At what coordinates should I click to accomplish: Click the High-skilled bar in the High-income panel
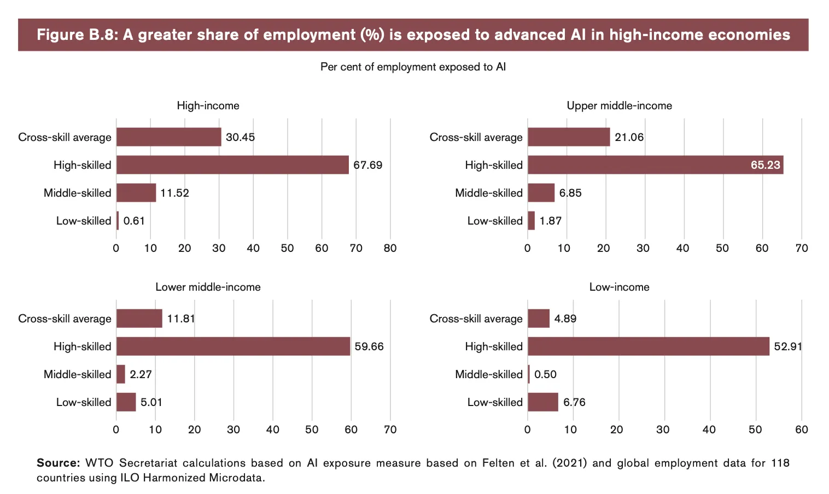point(232,165)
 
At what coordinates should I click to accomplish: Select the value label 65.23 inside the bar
point(765,165)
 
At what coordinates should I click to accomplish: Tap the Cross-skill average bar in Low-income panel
point(539,319)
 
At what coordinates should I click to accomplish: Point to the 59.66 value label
point(369,346)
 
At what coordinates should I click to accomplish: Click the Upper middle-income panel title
point(619,105)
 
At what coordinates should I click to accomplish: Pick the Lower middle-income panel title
point(208,287)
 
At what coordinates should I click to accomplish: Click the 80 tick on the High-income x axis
point(390,248)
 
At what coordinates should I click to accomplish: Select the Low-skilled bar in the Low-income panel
point(543,402)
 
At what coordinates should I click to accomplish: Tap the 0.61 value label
point(134,221)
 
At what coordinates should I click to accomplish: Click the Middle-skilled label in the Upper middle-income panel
point(489,193)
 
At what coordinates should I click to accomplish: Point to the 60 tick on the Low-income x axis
point(801,430)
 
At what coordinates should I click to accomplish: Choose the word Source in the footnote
point(57,463)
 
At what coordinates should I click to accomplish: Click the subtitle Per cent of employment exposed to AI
point(413,67)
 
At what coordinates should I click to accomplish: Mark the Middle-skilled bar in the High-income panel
point(136,193)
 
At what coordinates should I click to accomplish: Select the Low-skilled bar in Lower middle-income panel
point(126,402)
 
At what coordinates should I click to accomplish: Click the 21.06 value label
point(629,137)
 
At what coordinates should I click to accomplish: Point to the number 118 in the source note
point(780,463)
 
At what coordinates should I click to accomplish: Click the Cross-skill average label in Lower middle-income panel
point(65,319)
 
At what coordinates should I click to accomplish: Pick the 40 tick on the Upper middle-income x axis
point(682,248)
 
